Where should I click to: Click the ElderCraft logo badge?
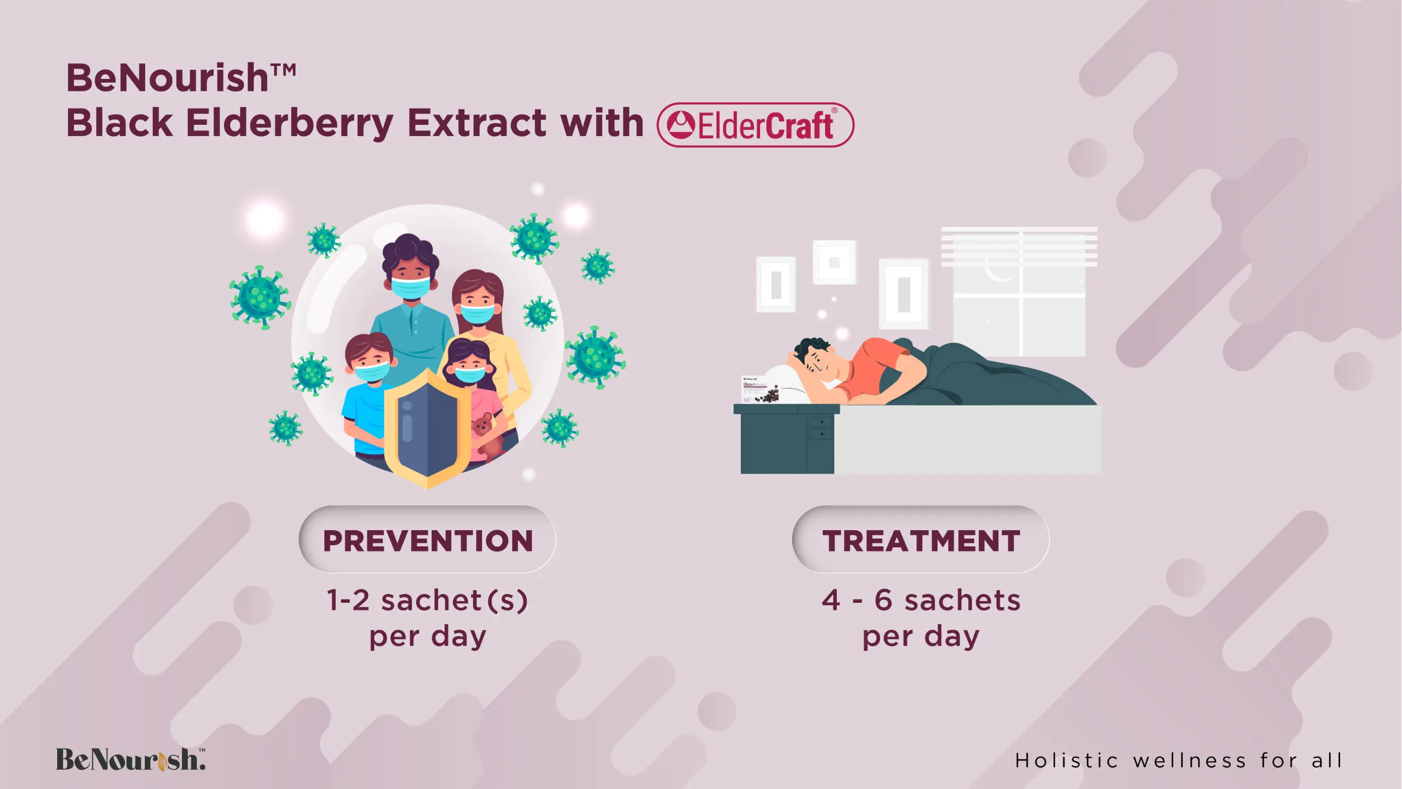(755, 125)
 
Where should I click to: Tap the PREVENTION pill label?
(428, 540)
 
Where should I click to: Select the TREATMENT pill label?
(921, 540)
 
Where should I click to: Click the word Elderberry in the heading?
(290, 123)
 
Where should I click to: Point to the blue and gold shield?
(427, 428)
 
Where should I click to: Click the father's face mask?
(411, 288)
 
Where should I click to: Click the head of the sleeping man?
(817, 362)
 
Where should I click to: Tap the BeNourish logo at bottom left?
(131, 759)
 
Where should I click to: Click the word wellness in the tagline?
(1190, 761)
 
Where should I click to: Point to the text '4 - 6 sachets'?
(921, 600)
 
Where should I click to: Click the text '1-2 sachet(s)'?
(427, 600)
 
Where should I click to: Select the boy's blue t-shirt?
(362, 416)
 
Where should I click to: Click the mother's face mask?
(478, 314)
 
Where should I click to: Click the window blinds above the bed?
(1019, 247)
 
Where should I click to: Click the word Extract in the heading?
(477, 122)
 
